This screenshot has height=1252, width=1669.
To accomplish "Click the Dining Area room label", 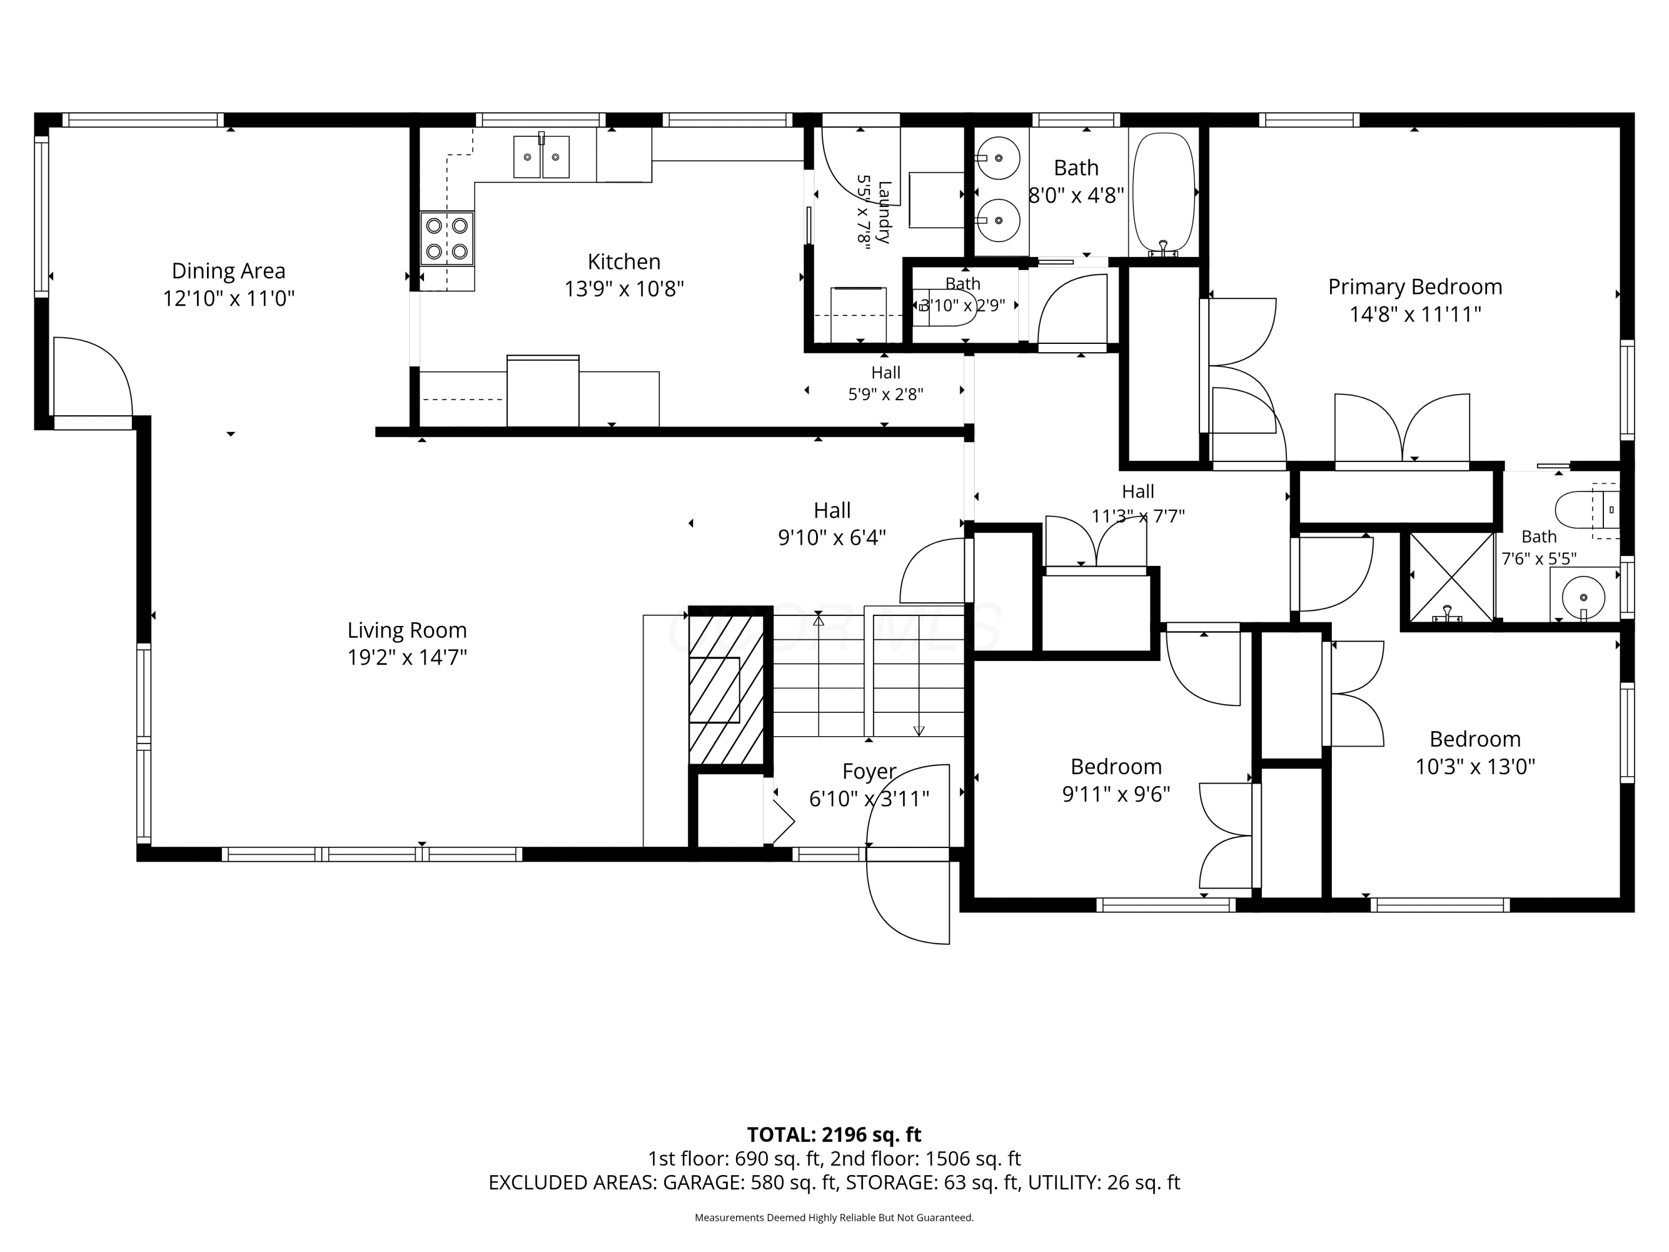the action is pyautogui.click(x=229, y=271).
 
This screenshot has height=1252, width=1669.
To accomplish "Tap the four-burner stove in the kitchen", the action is pyautogui.click(x=447, y=239).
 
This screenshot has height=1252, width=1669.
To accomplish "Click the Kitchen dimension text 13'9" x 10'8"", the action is pyautogui.click(x=624, y=289).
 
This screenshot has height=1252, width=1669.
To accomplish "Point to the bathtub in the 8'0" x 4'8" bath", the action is pyautogui.click(x=1165, y=194).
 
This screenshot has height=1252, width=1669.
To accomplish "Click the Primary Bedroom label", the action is pyautogui.click(x=1415, y=287).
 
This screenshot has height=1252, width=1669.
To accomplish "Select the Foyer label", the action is pyautogui.click(x=869, y=771).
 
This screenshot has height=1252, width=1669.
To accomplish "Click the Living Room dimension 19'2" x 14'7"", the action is pyautogui.click(x=407, y=657).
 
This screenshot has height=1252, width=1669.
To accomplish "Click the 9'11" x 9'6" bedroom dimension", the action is pyautogui.click(x=1116, y=794).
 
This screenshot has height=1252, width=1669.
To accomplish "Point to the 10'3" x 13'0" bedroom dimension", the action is pyautogui.click(x=1475, y=767).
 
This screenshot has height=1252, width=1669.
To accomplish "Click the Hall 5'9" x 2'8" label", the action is pyautogui.click(x=886, y=383).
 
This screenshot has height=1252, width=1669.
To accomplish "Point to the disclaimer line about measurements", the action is pyautogui.click(x=834, y=1218).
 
